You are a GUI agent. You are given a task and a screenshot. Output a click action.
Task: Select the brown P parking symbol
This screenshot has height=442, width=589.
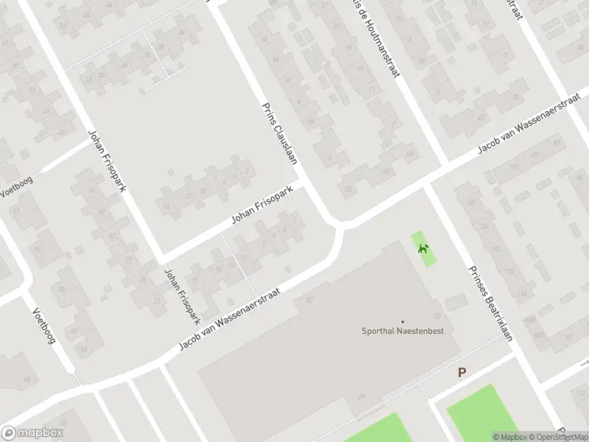462,373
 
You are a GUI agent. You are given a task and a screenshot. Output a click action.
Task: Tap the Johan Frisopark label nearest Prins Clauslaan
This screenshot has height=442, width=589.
262,206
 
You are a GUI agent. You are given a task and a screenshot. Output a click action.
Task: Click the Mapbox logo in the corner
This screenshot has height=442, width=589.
32,433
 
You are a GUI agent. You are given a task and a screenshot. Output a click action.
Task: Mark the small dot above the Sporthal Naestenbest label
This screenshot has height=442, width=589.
402,321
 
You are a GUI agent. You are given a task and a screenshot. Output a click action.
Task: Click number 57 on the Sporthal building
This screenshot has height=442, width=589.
310,301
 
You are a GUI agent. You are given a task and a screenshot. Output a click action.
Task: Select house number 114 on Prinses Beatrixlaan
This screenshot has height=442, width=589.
521,295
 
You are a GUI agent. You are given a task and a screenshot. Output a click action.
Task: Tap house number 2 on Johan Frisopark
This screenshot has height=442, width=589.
244,172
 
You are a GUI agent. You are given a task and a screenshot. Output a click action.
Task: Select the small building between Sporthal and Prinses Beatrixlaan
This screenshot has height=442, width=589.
456,301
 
